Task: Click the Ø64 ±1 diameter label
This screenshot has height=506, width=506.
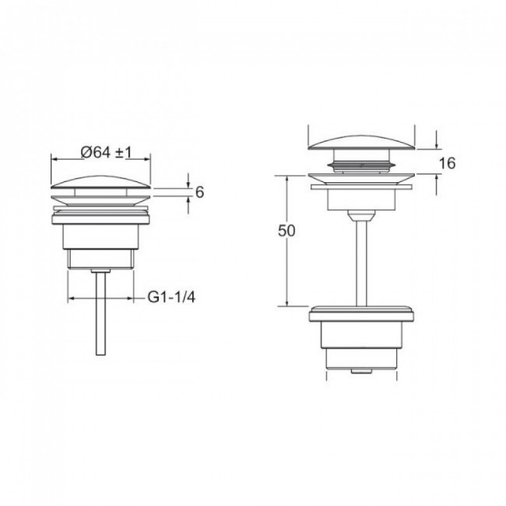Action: click(107, 152)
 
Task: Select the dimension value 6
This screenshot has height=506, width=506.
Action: click(200, 192)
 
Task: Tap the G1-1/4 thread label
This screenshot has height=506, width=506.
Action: click(171, 297)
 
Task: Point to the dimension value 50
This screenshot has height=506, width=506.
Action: click(286, 230)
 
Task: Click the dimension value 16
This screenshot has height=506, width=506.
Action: click(448, 163)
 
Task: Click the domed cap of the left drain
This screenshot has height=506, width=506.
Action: click(100, 182)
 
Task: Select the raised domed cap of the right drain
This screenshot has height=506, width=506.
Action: click(361, 142)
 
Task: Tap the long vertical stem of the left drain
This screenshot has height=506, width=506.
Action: click(100, 313)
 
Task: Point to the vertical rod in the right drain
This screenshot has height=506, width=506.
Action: click(361, 263)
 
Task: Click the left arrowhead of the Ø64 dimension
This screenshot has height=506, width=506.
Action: click(54, 159)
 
